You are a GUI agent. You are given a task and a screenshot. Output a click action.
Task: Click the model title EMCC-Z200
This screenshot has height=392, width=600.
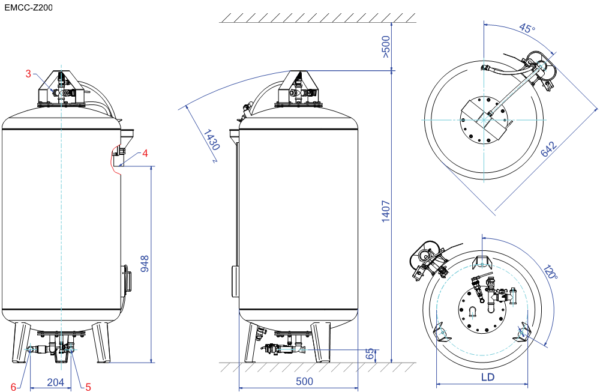click(29, 7)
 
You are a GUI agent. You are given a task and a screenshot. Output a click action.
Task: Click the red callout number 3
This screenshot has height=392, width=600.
click(28, 73)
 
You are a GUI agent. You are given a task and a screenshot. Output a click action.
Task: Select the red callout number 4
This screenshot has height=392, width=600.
click(145, 154)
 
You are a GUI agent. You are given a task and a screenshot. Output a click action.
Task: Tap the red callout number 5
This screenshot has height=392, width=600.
click(88, 387)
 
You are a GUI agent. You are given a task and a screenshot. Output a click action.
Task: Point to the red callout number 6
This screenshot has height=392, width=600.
click(13, 387)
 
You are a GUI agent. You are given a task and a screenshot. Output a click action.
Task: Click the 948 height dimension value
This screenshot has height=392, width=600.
click(145, 264)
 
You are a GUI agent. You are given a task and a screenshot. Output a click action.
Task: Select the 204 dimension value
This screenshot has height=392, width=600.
click(55, 382)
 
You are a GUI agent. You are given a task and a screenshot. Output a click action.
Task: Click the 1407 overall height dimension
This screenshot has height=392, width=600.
click(386, 211)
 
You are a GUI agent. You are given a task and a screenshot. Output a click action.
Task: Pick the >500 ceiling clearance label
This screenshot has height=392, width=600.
click(386, 47)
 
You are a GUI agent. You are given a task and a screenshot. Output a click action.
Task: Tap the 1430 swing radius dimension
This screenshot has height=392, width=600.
click(211, 140)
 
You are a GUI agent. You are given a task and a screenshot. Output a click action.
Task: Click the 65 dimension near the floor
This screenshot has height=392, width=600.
click(370, 354)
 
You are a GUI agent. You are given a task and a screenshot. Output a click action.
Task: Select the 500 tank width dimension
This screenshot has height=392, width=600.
click(305, 381)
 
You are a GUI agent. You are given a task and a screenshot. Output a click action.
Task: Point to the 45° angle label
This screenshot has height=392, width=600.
click(527, 28)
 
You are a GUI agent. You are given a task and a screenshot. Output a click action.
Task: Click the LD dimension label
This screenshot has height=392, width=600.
click(488, 377)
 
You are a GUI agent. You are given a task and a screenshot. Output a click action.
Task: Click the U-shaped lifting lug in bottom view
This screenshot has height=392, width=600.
click(473, 312)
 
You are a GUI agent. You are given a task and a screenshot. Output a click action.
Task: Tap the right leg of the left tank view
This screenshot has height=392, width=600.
click(101, 343)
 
